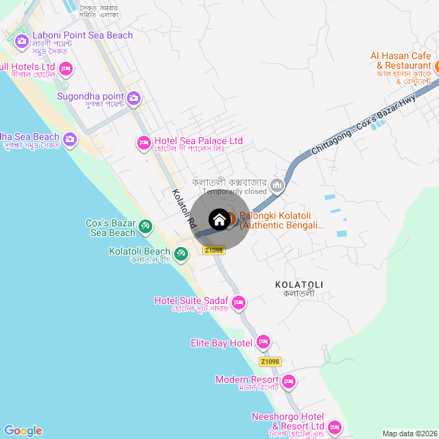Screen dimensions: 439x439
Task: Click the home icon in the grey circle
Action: click(x=219, y=219)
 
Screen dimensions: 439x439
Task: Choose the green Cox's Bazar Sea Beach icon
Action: click(x=145, y=226)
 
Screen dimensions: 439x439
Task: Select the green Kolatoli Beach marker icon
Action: click(x=181, y=254)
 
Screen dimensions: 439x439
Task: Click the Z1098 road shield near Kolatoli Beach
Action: click(x=214, y=250)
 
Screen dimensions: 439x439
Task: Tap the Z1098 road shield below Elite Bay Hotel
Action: click(x=270, y=361)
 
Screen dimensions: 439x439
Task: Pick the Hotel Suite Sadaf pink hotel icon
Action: click(x=239, y=302)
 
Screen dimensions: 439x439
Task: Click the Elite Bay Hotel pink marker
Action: click(x=263, y=342)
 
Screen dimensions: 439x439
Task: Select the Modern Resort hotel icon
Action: click(x=289, y=381)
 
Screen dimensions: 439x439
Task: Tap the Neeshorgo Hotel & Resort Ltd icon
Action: click(x=335, y=427)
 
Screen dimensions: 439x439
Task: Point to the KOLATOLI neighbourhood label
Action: click(x=298, y=284)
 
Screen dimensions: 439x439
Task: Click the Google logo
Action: click(x=23, y=431)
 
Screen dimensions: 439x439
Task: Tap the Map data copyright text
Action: click(x=409, y=434)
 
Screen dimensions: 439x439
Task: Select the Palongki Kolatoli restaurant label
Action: click(x=281, y=220)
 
